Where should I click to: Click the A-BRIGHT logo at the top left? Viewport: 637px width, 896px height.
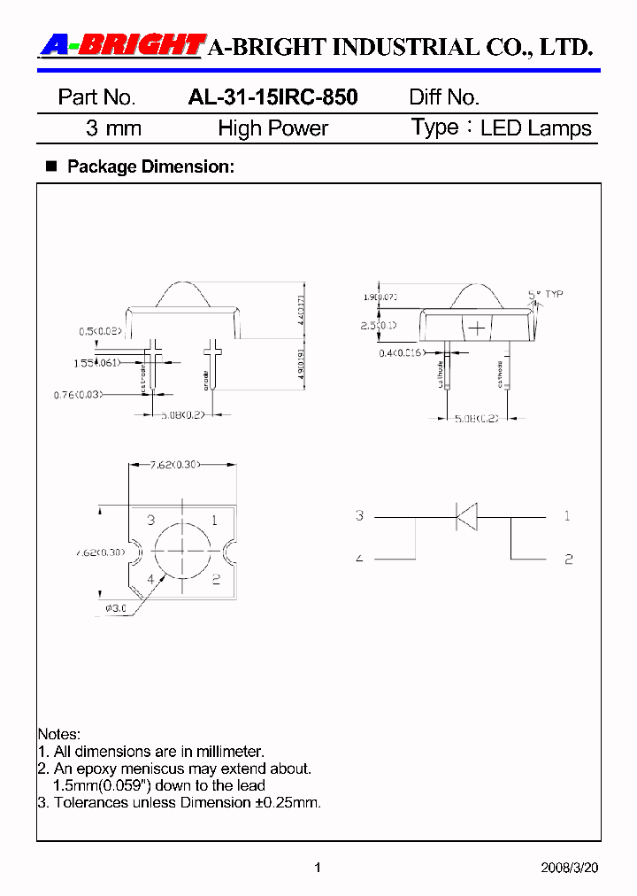(121, 45)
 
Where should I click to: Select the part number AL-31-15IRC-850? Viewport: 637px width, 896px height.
(272, 97)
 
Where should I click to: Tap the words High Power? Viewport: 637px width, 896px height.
(272, 128)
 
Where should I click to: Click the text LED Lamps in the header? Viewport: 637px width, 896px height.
(535, 128)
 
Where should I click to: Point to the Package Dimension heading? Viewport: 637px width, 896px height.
(150, 166)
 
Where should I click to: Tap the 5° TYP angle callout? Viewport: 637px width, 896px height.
(545, 294)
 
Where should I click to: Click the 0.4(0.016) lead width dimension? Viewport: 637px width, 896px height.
(400, 353)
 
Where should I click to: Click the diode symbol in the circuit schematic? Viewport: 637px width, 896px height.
(465, 515)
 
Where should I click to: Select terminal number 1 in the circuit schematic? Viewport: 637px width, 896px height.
(567, 515)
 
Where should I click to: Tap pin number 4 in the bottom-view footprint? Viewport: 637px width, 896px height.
(151, 580)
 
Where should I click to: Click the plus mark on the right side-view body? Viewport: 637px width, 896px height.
(477, 328)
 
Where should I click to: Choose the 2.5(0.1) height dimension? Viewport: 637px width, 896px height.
(378, 327)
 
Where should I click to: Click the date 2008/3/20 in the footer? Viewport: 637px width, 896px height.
(569, 869)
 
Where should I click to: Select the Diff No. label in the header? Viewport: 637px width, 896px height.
(444, 97)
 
